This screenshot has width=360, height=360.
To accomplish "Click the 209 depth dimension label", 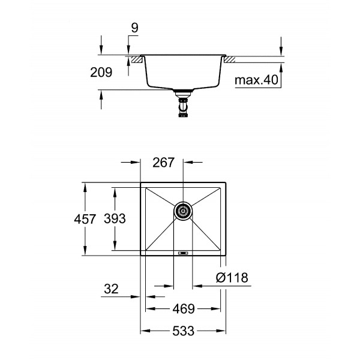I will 101,73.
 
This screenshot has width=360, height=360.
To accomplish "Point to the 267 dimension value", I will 163,163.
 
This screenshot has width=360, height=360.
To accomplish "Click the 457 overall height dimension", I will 85,220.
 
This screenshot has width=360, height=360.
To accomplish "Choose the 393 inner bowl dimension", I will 114,220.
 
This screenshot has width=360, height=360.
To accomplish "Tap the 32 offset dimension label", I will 111,289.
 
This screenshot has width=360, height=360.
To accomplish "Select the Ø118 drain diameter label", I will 232,278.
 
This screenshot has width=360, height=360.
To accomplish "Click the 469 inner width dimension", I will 184,310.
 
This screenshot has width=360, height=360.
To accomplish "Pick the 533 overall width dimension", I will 184,330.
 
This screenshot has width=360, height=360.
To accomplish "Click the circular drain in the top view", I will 183,210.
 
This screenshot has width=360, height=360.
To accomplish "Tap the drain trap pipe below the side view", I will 182,108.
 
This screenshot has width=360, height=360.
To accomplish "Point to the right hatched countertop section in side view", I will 230,59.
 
